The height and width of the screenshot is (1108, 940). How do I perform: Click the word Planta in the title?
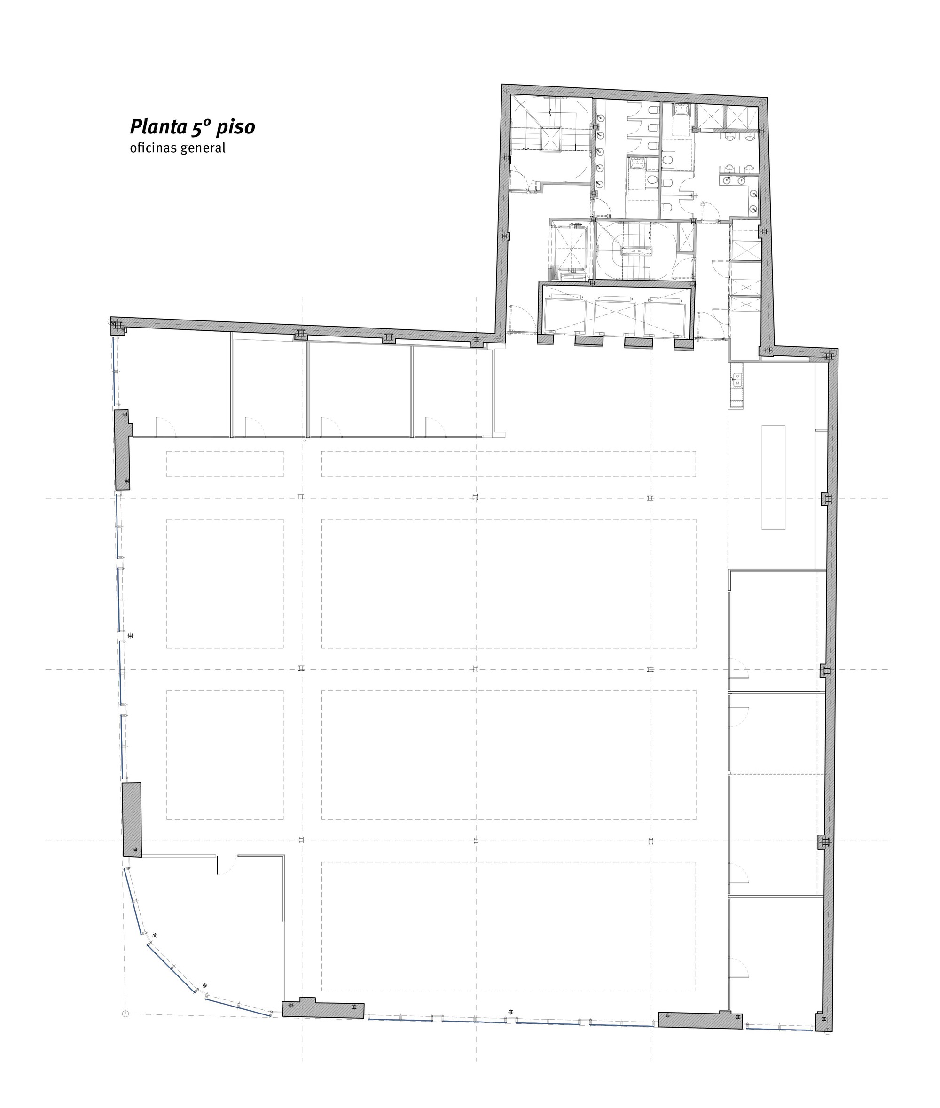[x=158, y=127]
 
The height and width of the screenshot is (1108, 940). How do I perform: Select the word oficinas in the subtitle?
[x=154, y=148]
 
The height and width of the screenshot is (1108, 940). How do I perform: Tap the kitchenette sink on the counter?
[x=737, y=379]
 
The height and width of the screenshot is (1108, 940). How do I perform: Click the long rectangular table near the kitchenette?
[x=773, y=477]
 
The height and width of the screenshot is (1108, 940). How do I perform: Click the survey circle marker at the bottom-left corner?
[x=126, y=1013]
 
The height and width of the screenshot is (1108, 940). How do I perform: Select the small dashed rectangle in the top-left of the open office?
[x=225, y=464]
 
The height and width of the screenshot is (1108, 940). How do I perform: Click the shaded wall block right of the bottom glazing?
[x=700, y=1020]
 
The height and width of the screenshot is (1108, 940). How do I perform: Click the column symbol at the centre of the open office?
[x=476, y=669]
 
